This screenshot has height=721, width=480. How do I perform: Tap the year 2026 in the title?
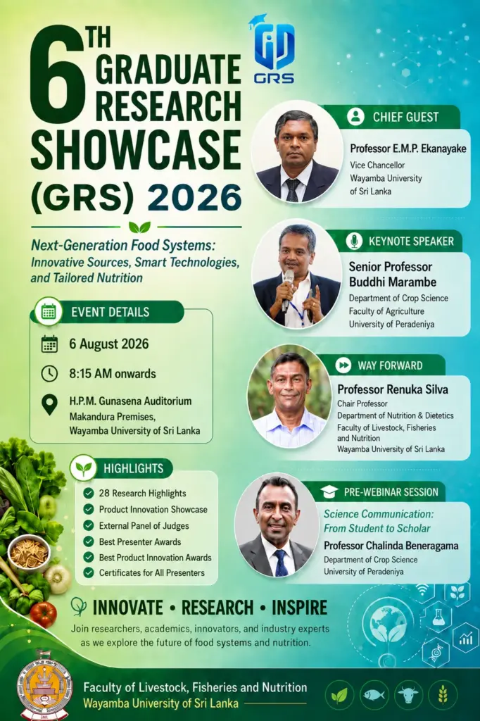point(194,198)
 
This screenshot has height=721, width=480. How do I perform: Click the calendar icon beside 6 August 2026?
point(49,344)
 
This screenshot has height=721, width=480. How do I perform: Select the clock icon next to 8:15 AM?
point(49,373)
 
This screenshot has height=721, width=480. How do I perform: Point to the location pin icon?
point(49,405)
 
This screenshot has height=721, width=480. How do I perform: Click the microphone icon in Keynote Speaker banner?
point(354,242)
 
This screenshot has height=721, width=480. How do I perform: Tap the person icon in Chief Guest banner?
point(355,117)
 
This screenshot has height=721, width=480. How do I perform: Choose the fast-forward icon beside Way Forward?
point(343,365)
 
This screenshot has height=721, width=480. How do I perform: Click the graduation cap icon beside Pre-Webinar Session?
point(329,492)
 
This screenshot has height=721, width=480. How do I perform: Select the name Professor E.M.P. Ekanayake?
point(408,149)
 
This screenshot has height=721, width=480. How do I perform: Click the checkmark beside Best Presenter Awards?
point(89,541)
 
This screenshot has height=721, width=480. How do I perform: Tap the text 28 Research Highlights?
point(143,494)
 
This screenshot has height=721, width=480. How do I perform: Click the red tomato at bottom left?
point(43,613)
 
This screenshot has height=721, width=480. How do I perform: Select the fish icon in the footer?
point(373,695)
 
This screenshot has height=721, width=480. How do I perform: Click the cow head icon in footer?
point(408,694)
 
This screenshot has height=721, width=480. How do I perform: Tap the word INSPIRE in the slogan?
point(299,608)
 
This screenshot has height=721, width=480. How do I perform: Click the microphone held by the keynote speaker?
point(289,289)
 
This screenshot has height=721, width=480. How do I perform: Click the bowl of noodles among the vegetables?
point(29,552)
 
